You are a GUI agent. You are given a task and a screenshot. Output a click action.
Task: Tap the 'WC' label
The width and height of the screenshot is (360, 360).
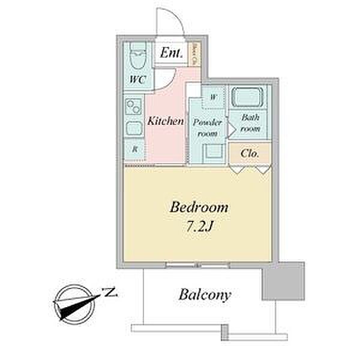pyautogui.click(x=137, y=79)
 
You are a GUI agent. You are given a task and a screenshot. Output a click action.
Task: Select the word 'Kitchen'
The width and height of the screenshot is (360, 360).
pyautogui.click(x=166, y=121)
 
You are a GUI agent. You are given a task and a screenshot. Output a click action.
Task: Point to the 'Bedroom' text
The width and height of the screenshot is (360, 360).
pyautogui.click(x=199, y=208)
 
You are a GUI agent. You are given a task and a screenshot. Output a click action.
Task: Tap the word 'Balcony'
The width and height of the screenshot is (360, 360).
pyautogui.click(x=205, y=295)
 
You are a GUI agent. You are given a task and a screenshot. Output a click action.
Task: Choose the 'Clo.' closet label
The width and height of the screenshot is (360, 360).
pyautogui.click(x=250, y=153)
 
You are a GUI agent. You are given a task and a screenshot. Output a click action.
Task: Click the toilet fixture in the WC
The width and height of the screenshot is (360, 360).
pyautogui.click(x=138, y=57)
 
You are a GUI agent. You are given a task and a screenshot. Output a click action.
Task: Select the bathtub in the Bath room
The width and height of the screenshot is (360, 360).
pyautogui.click(x=251, y=97)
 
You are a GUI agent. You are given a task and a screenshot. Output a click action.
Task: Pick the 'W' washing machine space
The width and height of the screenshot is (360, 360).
pyautogui.click(x=214, y=95)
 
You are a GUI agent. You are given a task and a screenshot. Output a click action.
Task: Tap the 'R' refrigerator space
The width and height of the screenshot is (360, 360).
pyautogui.click(x=135, y=149)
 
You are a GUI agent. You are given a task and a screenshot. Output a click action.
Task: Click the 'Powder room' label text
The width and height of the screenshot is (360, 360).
pyautogui.click(x=207, y=127)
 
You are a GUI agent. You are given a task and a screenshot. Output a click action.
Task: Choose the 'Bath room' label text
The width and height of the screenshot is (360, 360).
pyautogui.click(x=250, y=123)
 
